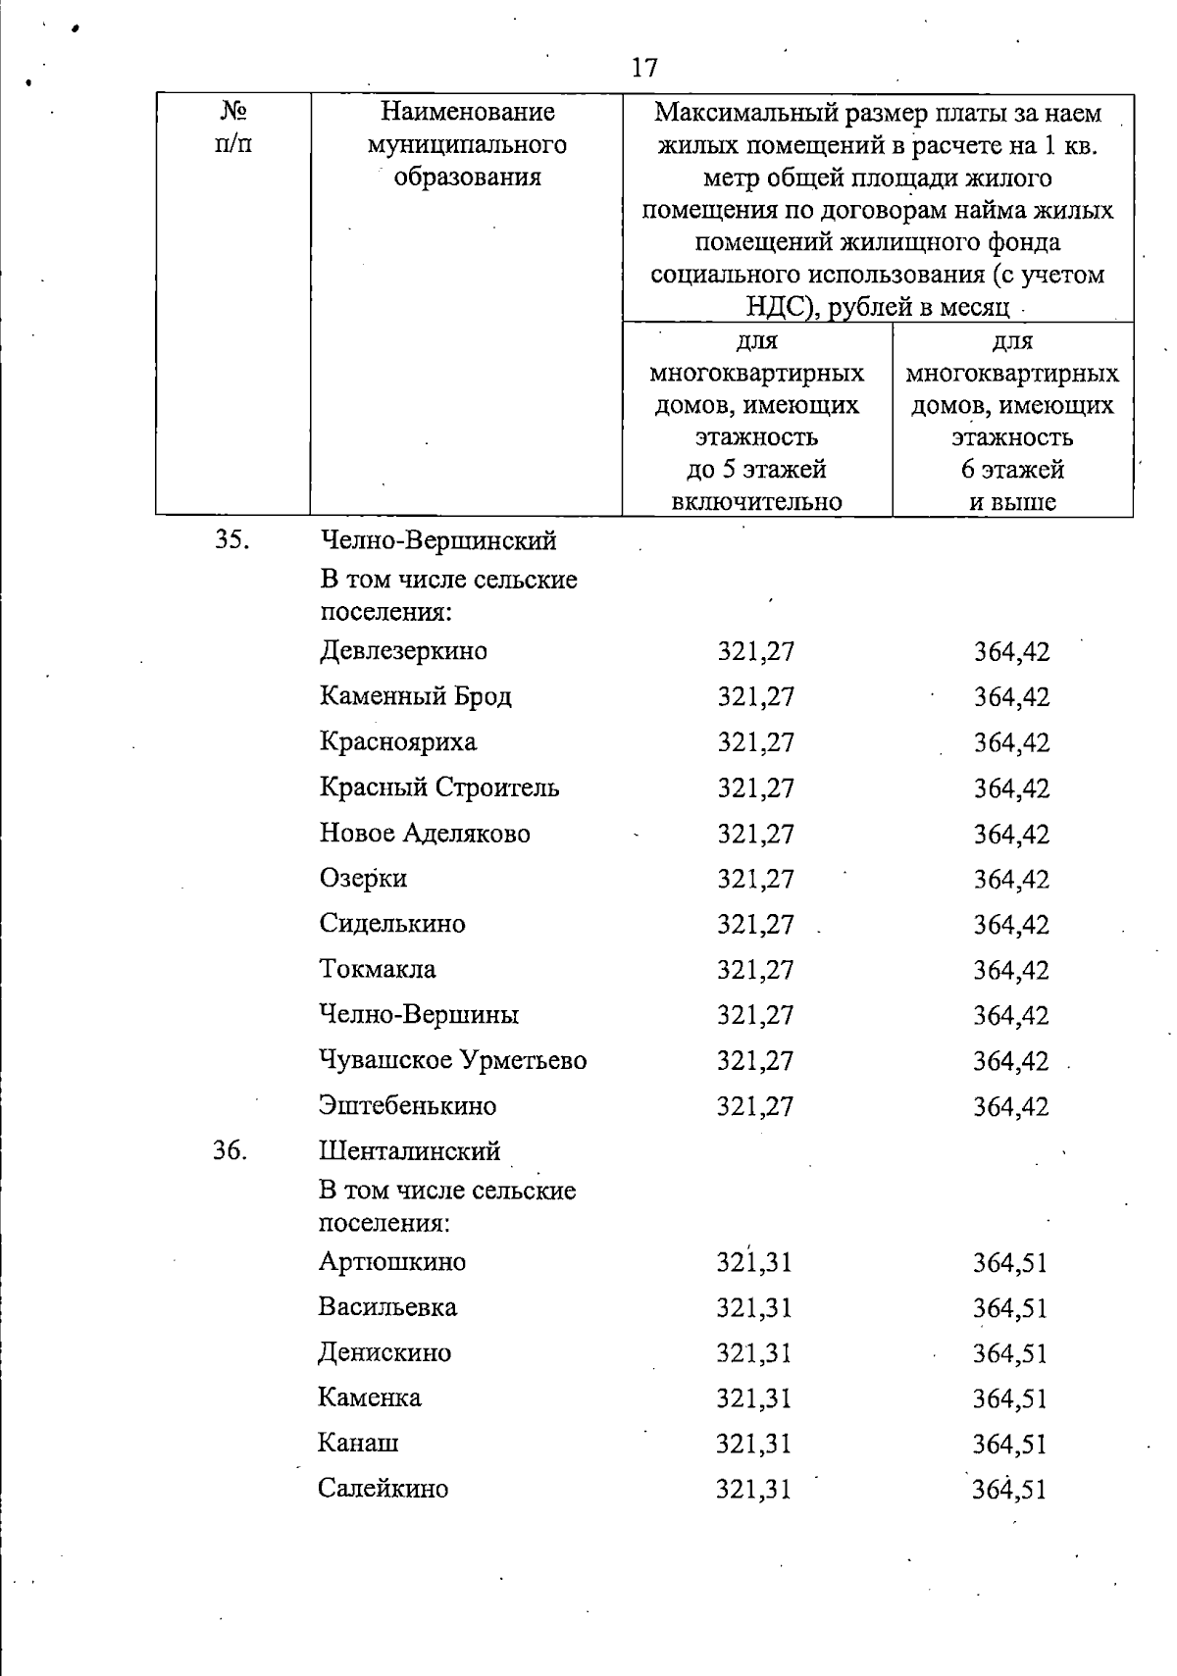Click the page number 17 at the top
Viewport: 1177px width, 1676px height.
[644, 68]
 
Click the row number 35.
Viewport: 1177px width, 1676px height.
[230, 540]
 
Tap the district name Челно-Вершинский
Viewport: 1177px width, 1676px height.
[438, 540]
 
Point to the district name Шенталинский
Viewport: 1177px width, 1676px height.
[409, 1150]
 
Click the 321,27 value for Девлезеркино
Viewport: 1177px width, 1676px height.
[755, 651]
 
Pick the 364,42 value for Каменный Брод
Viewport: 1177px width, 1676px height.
[1011, 697]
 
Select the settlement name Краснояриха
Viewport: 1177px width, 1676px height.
[398, 741]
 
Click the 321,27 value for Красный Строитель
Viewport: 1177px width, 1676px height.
[755, 788]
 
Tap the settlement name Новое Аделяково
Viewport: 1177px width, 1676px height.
[425, 834]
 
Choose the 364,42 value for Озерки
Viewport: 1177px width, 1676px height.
[1011, 880]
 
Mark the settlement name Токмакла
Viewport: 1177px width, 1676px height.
[378, 969]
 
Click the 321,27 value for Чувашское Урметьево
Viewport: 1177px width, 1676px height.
[755, 1061]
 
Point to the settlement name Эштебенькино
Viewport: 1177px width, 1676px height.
[408, 1105]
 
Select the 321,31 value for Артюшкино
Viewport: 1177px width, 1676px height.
[753, 1262]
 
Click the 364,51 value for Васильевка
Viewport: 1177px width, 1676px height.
[1010, 1308]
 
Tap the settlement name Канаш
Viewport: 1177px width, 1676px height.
[358, 1443]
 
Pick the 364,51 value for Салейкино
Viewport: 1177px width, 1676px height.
[1010, 1490]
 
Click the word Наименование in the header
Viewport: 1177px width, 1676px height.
[467, 113]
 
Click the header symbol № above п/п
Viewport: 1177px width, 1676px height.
[232, 112]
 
